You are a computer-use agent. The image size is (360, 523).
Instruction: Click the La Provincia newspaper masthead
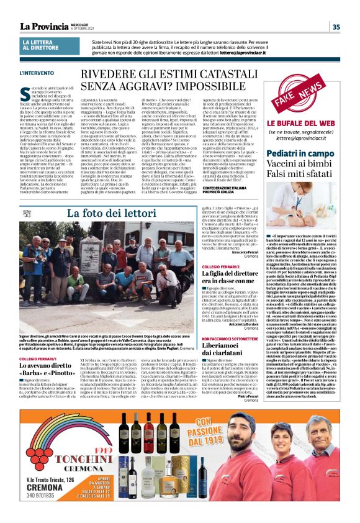click(x=44, y=26)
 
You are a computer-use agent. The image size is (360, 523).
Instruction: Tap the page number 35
click(x=336, y=27)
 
